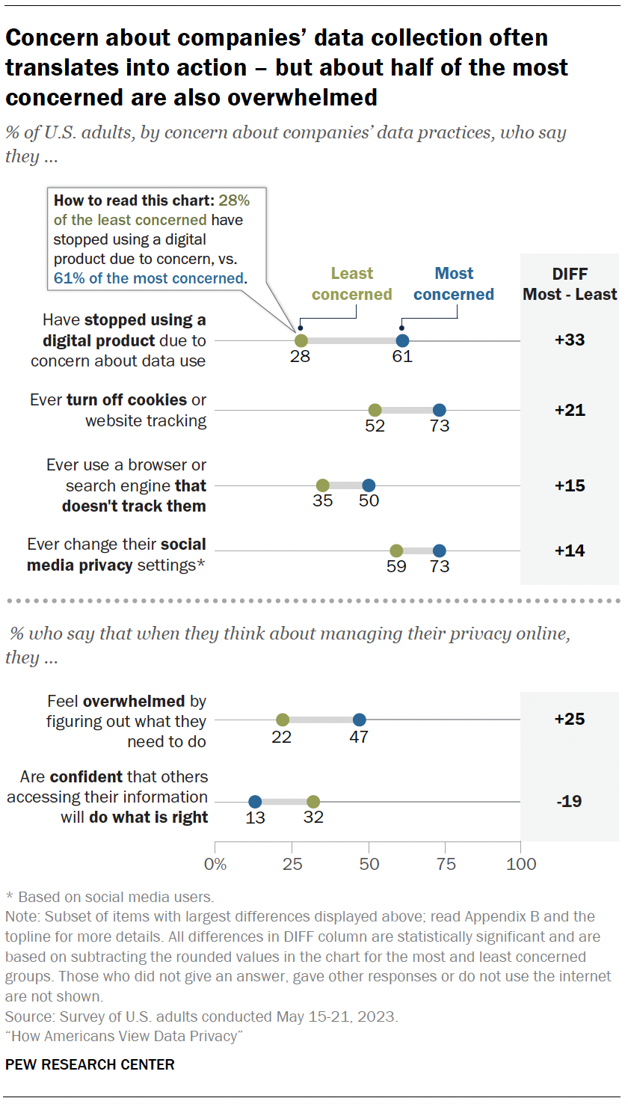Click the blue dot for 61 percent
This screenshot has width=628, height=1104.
point(402,340)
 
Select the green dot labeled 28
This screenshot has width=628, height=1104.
point(301,340)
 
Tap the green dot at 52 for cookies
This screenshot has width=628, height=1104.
point(375,410)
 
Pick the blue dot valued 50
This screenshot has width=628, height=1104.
point(369,485)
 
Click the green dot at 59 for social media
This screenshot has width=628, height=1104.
point(396,551)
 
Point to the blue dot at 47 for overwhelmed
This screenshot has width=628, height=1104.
point(359,720)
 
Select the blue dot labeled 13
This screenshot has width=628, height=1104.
point(255,802)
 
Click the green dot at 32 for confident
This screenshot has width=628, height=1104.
point(313,802)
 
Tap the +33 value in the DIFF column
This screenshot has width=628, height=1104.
point(570,340)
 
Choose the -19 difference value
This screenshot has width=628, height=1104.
point(570,802)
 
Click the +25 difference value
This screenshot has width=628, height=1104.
point(570,720)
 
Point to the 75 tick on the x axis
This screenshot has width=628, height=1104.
point(446,864)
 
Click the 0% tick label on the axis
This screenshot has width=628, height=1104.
point(215,864)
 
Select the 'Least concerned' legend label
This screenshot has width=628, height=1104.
point(351,284)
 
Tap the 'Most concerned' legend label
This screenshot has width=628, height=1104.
point(454,284)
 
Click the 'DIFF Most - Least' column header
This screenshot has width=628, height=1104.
point(570,284)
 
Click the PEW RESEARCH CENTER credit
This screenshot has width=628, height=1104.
point(90,1064)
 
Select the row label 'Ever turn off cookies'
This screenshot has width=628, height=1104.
point(118,410)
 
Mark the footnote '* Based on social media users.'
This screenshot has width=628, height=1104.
point(110,896)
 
